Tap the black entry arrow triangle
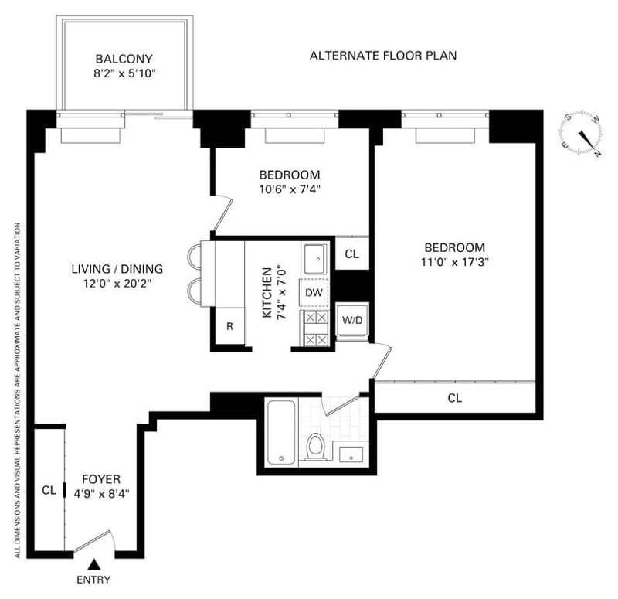click(93, 564)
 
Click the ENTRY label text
click(93, 580)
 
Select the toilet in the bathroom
click(315, 447)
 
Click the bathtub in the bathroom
click(281, 433)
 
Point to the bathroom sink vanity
click(351, 454)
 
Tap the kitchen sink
click(315, 259)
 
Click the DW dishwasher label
click(314, 293)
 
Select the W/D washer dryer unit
click(352, 320)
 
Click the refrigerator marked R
click(229, 326)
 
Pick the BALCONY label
click(124, 59)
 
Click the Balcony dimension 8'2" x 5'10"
click(124, 73)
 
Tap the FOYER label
click(101, 479)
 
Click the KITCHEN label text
click(267, 293)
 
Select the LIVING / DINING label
click(117, 269)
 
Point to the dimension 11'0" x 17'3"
click(455, 262)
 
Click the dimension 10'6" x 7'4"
click(289, 189)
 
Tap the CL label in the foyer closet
click(49, 490)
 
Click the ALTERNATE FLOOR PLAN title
click(383, 56)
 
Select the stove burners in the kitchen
click(317, 328)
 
